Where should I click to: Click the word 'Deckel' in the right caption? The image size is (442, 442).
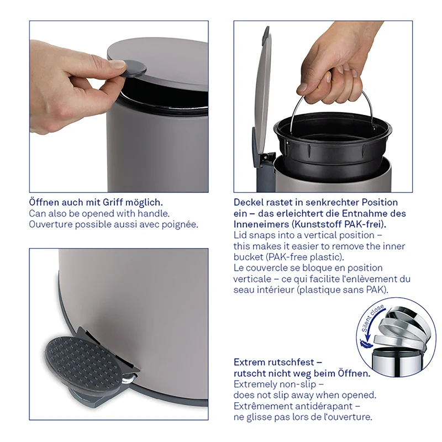click(x=248, y=202)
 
